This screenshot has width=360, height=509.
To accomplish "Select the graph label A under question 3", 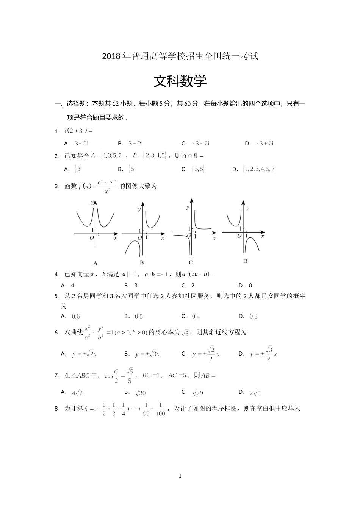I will tap(95, 263).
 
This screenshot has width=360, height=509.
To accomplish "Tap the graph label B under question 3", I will tap(142, 262).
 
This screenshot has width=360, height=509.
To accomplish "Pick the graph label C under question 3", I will tap(191, 262).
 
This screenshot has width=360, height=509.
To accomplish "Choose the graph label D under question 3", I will tap(245, 261).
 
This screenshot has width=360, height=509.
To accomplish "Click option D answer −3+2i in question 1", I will tap(265, 144).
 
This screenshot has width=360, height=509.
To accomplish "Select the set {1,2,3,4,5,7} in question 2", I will tap(260, 169).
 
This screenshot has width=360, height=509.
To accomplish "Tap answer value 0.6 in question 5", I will tap(76, 317).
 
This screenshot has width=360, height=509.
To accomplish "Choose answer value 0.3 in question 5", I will tap(254, 317).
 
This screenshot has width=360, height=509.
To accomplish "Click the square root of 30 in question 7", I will tap(140, 393).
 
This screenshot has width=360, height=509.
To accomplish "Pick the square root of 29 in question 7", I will tap(198, 393).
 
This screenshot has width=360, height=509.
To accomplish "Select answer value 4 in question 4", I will tap(72, 286).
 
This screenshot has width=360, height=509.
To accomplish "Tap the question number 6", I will tap(56, 333).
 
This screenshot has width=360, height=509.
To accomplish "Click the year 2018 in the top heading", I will tap(111, 57).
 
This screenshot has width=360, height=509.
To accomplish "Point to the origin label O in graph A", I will tap(91, 238).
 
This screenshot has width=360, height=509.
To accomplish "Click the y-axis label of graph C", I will tap(188, 208).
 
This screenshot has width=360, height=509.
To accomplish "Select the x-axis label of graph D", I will tap(262, 236).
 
